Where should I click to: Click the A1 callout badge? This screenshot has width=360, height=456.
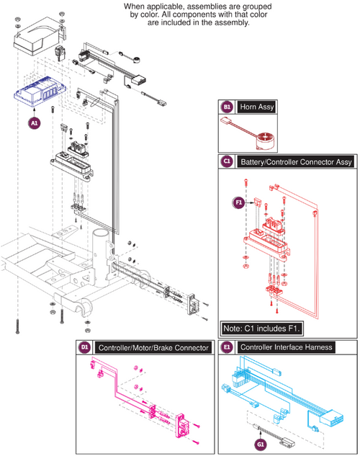[x=35, y=123]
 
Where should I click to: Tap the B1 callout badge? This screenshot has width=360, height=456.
[x=226, y=107]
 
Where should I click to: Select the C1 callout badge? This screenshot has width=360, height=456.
[x=226, y=162]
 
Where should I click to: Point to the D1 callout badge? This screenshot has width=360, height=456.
[x=84, y=347]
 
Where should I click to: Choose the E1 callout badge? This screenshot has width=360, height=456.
[x=226, y=347]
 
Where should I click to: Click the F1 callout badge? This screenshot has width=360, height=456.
[x=239, y=202]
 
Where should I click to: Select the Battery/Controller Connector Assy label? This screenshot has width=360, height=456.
[x=298, y=162]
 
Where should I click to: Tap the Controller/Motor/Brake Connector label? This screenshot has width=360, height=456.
[x=152, y=347]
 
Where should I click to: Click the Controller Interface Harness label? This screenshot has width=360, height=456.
[x=286, y=347]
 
